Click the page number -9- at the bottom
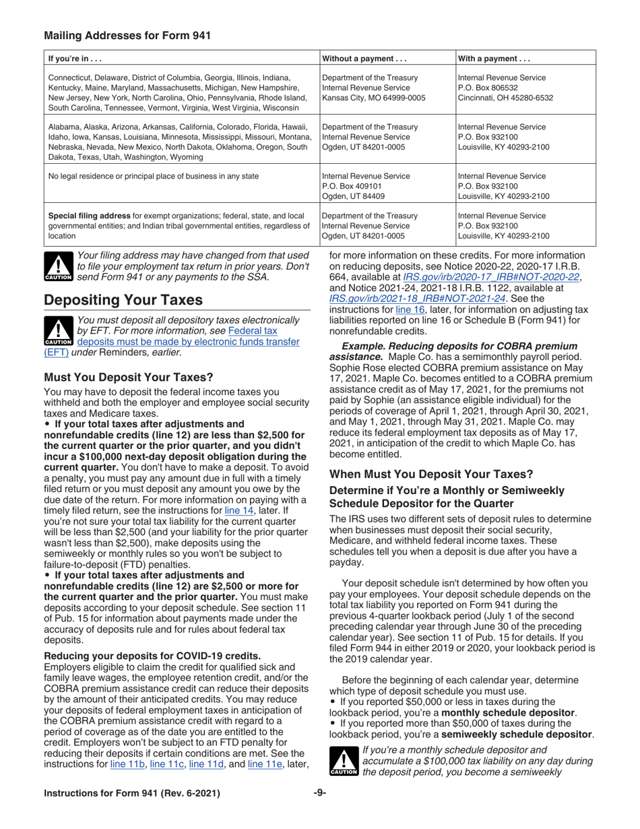pyautogui.click(x=319, y=794)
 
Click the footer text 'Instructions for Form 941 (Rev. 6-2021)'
pyautogui.click(x=132, y=794)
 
